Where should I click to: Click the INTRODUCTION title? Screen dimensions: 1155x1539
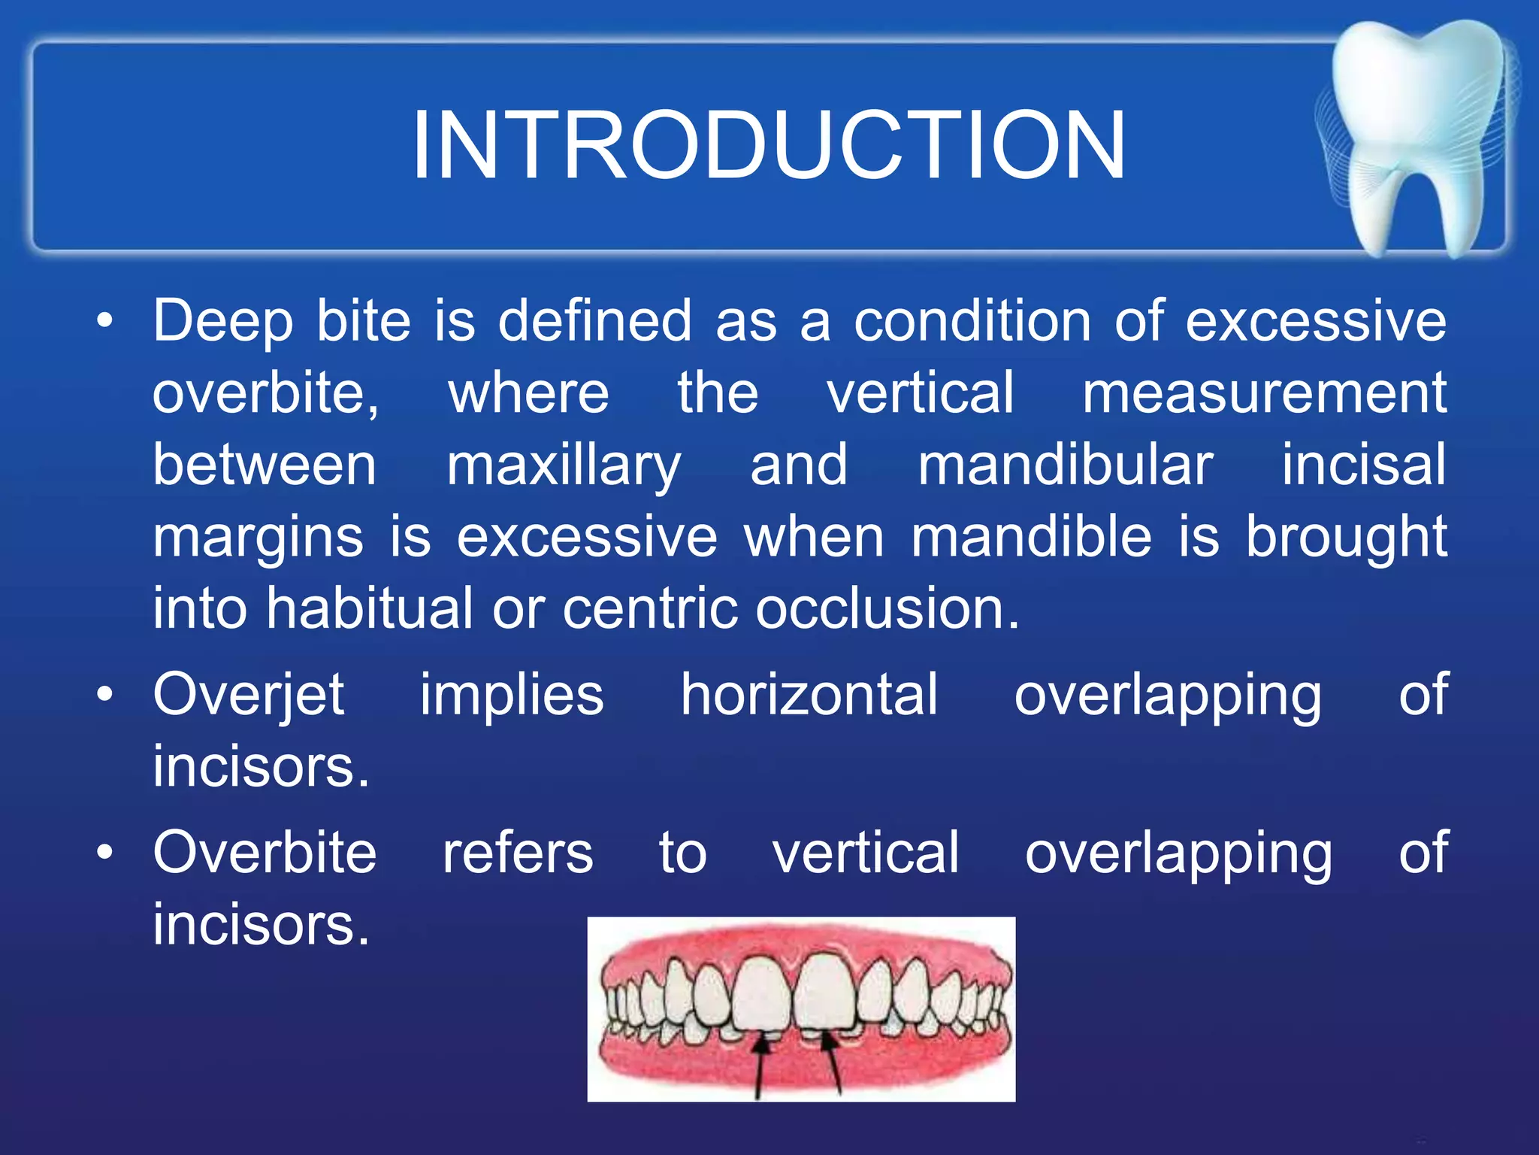point(768,145)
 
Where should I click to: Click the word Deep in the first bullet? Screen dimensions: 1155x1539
point(222,322)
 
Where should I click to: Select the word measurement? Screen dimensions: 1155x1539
point(1264,393)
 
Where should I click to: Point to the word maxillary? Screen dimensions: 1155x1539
point(564,466)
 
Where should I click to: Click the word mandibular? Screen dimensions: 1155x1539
point(1065,465)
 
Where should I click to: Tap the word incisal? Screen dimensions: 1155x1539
point(1363,465)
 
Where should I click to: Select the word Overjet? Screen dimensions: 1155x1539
point(249,696)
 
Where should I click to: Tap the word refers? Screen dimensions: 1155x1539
point(518,853)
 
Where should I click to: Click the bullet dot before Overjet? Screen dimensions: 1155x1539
point(105,695)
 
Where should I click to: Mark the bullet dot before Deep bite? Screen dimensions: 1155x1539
point(105,322)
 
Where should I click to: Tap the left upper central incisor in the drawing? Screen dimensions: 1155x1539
point(761,993)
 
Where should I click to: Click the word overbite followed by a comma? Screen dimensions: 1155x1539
point(265,393)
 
